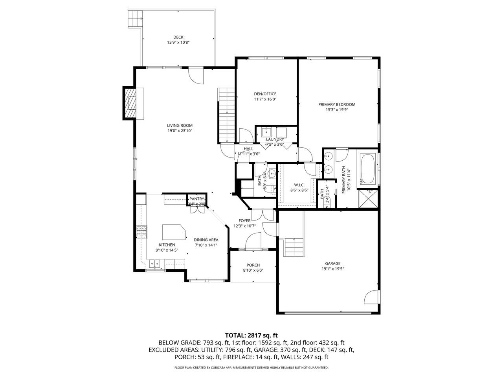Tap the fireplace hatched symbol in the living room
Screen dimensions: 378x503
click(130, 103)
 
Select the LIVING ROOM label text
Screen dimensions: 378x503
click(180, 126)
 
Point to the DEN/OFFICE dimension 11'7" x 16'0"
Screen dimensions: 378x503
click(265, 100)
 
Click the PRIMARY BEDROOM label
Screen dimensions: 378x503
click(337, 104)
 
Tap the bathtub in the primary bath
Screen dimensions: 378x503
click(368, 169)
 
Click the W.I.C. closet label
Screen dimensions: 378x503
click(299, 185)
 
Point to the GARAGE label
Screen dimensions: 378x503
click(332, 263)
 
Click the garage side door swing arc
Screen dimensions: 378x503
click(371, 298)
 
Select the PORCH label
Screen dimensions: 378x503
click(253, 265)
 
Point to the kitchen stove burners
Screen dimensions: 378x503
click(141, 232)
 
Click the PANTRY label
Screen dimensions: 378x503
click(196, 199)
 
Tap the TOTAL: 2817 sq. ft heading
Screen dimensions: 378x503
click(251, 335)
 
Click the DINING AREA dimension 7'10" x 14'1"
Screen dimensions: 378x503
click(206, 245)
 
